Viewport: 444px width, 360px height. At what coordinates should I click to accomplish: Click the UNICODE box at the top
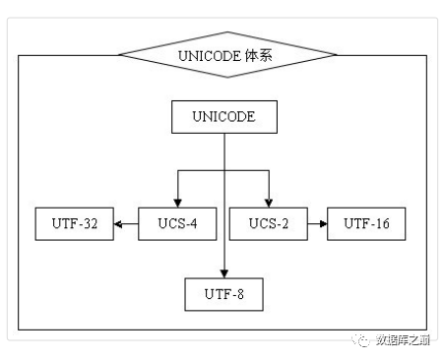tap(224, 117)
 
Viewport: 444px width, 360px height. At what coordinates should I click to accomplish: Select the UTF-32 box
tap(74, 224)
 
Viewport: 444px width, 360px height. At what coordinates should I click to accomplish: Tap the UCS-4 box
tap(176, 224)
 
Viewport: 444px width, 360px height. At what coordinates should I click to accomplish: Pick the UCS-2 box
tap(267, 224)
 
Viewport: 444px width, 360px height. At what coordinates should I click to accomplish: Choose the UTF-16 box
tap(366, 224)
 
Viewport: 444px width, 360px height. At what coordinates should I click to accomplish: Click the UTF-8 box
tap(224, 292)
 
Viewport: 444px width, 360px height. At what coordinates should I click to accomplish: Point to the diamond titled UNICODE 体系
tap(225, 56)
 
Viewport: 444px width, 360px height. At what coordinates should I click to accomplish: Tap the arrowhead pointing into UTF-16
tap(322, 225)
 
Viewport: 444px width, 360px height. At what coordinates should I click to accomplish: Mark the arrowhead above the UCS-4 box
tap(178, 202)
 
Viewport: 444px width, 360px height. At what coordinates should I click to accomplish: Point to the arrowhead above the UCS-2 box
tap(268, 202)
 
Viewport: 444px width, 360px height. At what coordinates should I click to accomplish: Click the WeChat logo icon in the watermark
tap(356, 339)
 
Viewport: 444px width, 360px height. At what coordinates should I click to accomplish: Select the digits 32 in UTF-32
tap(91, 224)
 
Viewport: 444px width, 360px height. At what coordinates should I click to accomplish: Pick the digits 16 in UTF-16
tap(383, 224)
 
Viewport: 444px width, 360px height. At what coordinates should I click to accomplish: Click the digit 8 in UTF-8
tap(242, 292)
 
